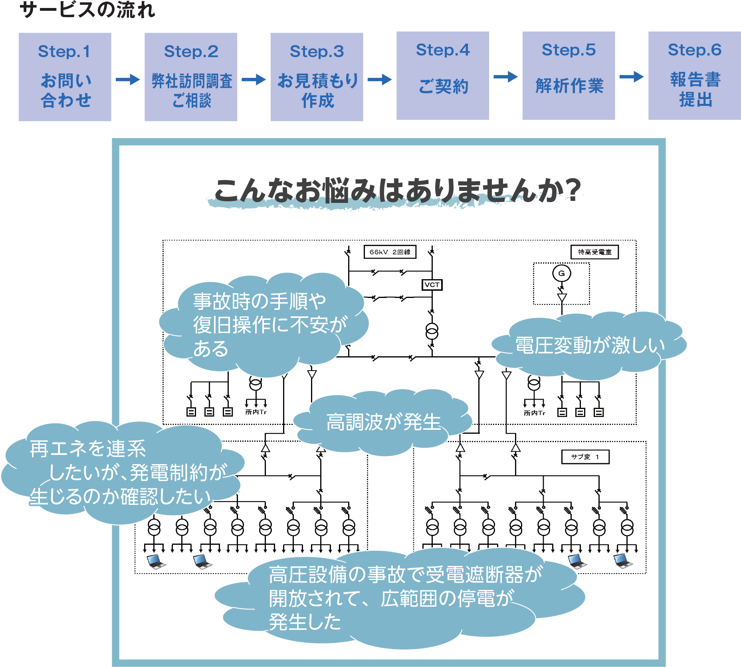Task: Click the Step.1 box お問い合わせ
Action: [65, 77]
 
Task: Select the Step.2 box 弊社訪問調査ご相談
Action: [191, 77]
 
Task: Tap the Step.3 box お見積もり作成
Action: [317, 77]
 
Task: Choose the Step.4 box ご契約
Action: [443, 75]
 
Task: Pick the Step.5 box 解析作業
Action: [569, 75]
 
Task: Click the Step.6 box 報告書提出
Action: [694, 75]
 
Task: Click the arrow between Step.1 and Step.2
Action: [128, 79]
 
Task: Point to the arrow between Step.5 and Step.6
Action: [632, 76]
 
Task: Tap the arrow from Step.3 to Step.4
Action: [380, 79]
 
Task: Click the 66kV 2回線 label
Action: [390, 252]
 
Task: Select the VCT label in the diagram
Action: [432, 285]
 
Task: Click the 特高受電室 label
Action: [594, 252]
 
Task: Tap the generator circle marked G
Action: [561, 274]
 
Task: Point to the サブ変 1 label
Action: [585, 457]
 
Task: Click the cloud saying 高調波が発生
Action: [383, 422]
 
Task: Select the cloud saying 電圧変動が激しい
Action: [589, 345]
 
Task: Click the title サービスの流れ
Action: [87, 10]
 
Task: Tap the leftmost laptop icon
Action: [156, 562]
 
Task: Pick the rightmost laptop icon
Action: [623, 561]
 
